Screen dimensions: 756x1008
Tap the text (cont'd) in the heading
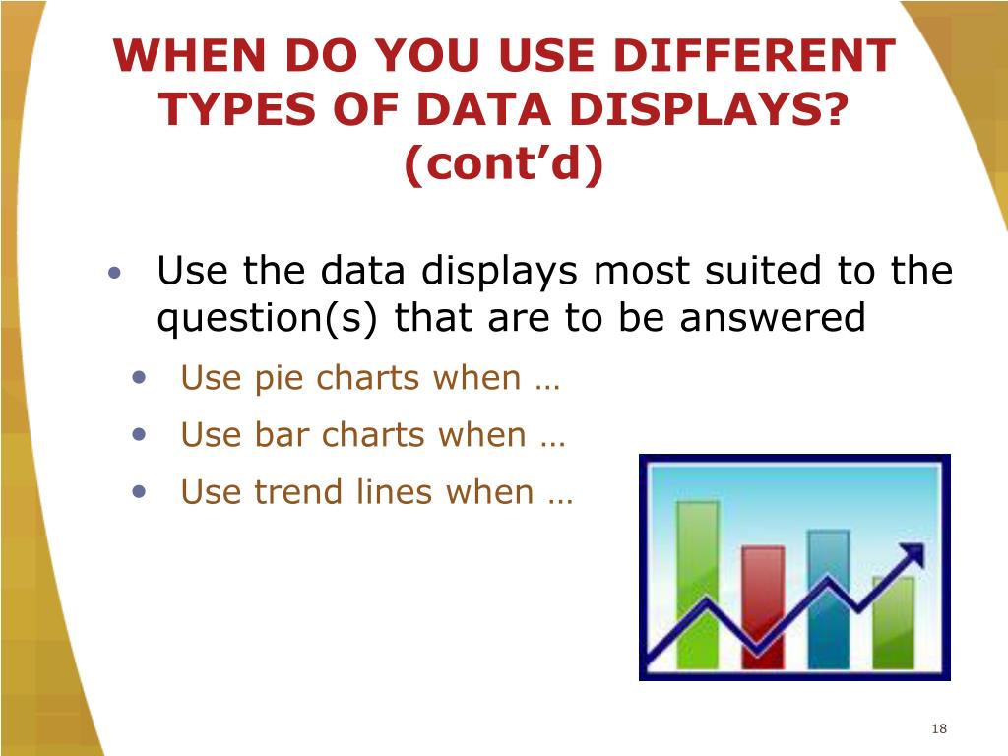(503, 166)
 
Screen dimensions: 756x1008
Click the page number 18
(937, 728)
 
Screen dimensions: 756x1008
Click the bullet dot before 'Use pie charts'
(144, 377)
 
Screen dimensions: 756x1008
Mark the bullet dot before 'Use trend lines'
(144, 490)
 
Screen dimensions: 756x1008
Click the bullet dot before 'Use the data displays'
(116, 272)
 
